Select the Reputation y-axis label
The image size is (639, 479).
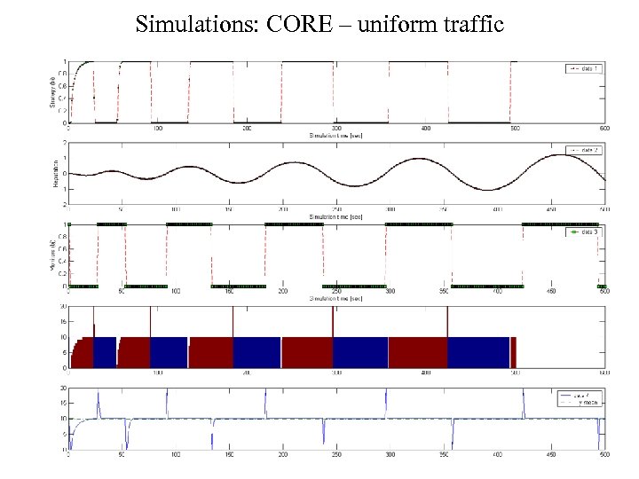pyautogui.click(x=52, y=173)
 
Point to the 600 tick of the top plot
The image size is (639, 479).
pyautogui.click(x=603, y=129)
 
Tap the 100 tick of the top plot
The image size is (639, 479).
pyautogui.click(x=158, y=129)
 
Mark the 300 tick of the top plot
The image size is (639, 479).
pyautogui.click(x=336, y=129)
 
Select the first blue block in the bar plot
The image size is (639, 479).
pyautogui.click(x=106, y=352)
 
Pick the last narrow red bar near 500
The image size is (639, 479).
pyautogui.click(x=513, y=352)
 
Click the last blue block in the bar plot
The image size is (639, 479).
pyautogui.click(x=479, y=352)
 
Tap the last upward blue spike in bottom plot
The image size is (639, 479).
pyautogui.click(x=523, y=395)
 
